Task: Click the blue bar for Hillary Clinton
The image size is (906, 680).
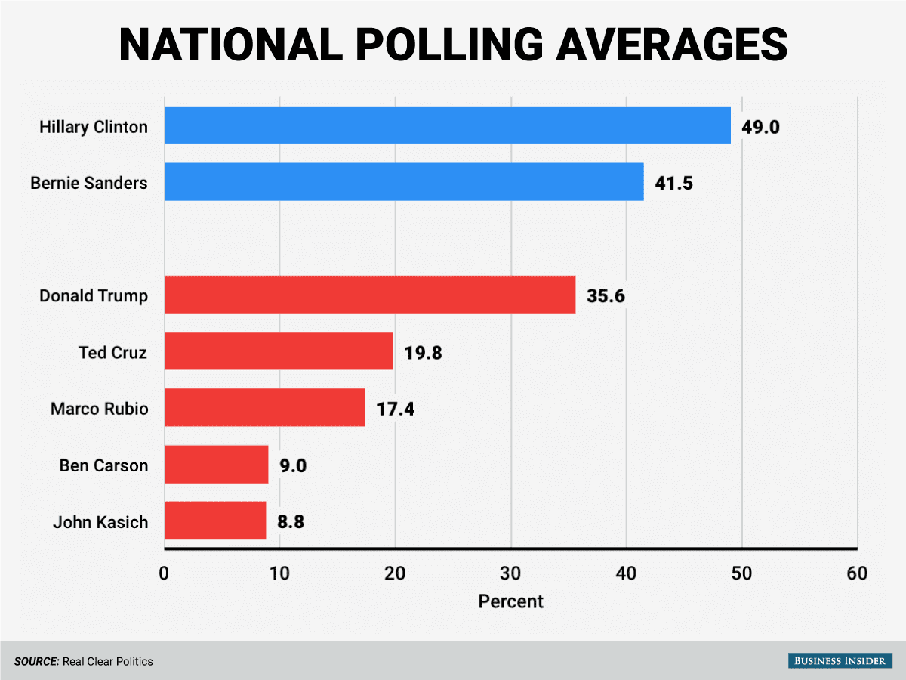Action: point(447,125)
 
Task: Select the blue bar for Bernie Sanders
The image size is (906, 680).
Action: point(404,181)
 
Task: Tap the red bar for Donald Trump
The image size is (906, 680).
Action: point(370,295)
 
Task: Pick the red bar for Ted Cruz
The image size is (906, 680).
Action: point(279,351)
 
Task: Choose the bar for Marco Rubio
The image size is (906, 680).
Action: point(264,407)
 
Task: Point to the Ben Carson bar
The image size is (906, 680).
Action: point(216,464)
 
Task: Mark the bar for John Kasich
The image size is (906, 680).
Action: point(215,521)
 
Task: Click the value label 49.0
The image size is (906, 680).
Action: point(760,126)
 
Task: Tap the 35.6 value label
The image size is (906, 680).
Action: point(606,295)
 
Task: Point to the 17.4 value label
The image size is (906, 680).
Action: point(395,409)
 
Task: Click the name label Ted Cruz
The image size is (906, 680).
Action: point(112,352)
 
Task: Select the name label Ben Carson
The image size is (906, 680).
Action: point(103,465)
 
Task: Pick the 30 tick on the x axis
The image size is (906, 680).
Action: point(510,573)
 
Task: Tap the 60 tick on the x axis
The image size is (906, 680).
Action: point(857,573)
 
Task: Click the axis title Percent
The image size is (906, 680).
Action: point(510,601)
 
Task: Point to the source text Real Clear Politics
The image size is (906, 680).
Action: point(108,662)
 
